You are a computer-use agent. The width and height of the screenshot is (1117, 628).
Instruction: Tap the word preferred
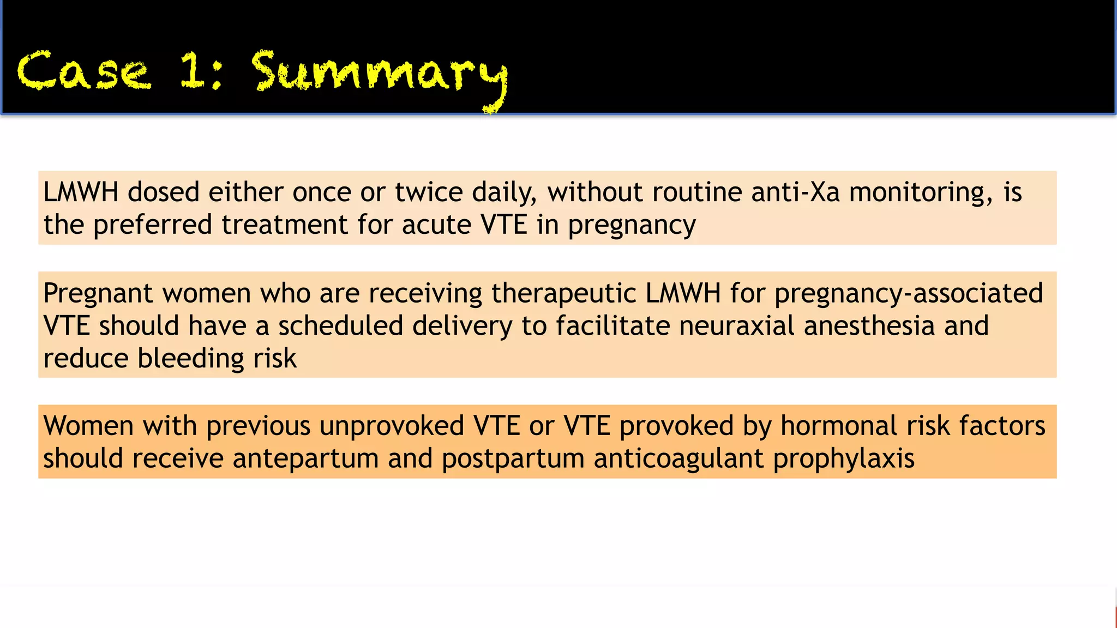pos(152,225)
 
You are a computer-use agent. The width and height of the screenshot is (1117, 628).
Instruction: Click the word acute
pos(436,225)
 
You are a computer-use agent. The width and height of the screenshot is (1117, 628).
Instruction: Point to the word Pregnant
pos(98,294)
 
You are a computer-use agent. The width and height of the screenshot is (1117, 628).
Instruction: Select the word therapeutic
pos(563,293)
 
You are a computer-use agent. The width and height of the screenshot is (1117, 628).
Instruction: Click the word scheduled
pos(340,326)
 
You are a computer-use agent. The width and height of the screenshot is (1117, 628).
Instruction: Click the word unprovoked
pos(392,426)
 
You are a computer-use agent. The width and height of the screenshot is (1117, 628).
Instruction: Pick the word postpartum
pos(513,458)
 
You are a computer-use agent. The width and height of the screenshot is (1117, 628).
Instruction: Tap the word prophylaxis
pos(844,458)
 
